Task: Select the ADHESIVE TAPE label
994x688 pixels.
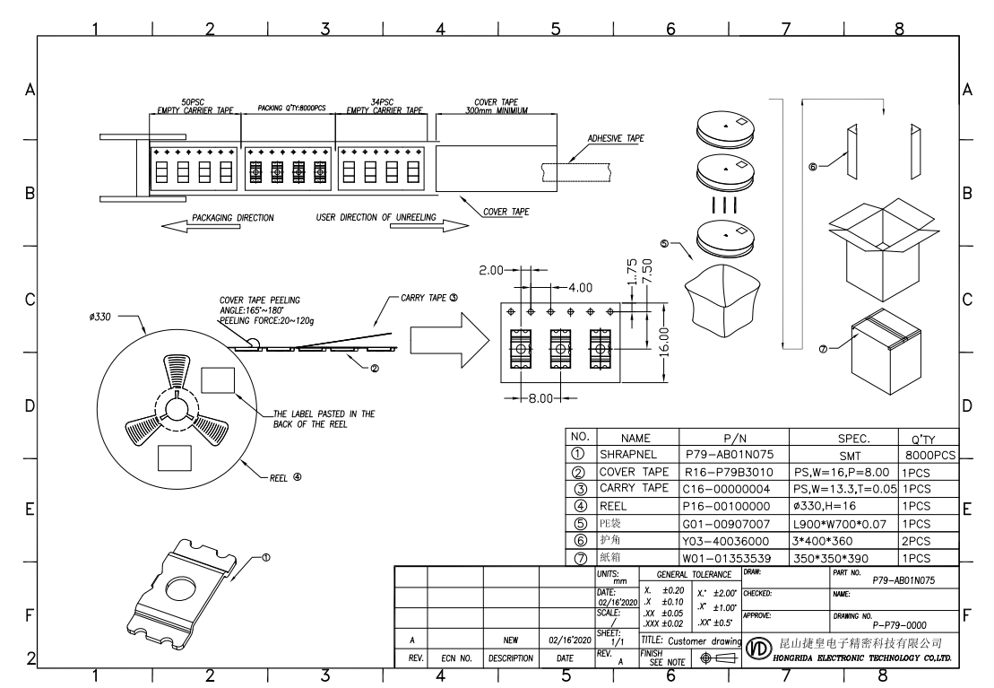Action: (616, 138)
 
